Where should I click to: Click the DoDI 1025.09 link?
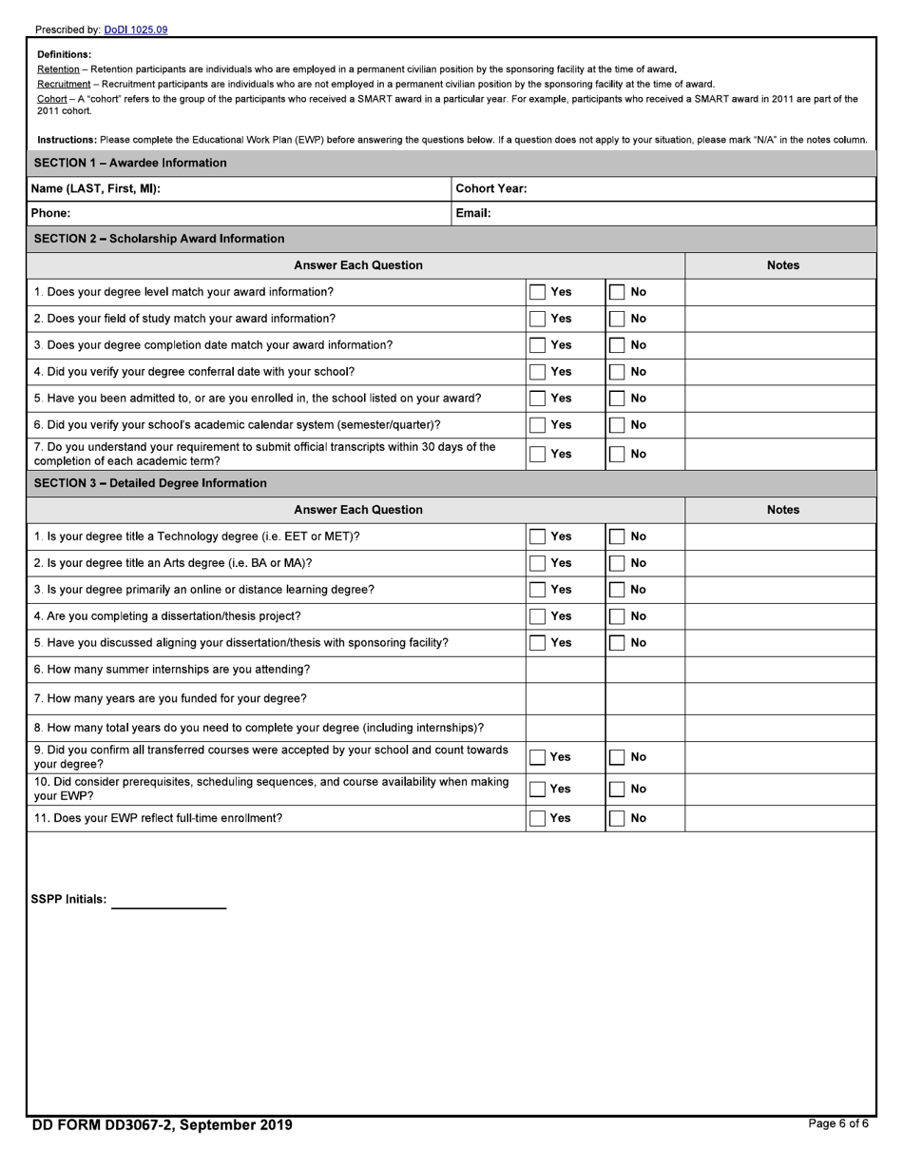(x=136, y=29)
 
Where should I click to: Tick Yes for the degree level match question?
(x=538, y=292)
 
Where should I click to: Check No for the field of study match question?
(x=618, y=319)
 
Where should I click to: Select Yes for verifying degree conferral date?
(x=538, y=372)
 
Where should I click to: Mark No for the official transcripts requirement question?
(x=618, y=454)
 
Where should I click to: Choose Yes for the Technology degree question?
(x=538, y=536)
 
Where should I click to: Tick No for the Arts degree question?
(x=618, y=563)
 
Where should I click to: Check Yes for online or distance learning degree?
(x=538, y=590)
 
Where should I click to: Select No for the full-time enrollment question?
(x=618, y=818)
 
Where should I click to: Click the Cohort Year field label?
(x=490, y=188)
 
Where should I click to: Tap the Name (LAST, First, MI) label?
(x=96, y=188)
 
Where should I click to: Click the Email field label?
(x=473, y=213)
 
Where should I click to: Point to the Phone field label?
(x=50, y=213)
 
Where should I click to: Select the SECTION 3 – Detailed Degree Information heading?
(x=150, y=483)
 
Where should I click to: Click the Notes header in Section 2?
(x=782, y=265)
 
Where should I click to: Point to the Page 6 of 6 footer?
(x=837, y=1123)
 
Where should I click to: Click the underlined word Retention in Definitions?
(x=58, y=69)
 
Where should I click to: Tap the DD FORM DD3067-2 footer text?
(x=163, y=1125)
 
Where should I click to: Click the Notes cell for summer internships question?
(x=779, y=670)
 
